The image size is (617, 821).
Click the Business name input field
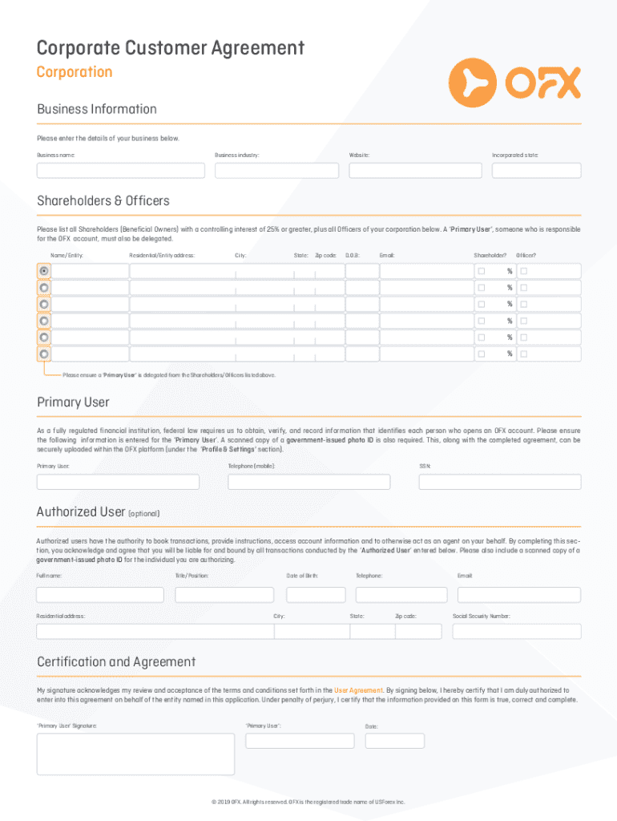pos(120,171)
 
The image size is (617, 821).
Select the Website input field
pos(414,171)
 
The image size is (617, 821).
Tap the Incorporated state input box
pos(536,171)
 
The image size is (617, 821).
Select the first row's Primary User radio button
pos(44,271)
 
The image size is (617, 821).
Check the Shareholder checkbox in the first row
pos(482,271)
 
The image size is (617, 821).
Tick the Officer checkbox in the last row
pos(523,354)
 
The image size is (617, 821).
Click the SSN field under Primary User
pos(500,482)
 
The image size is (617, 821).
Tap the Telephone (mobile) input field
pos(308,482)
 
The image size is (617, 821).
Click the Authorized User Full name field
pos(100,595)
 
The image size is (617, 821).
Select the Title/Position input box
pos(224,595)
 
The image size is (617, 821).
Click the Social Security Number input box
pos(516,631)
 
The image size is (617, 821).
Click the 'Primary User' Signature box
pos(135,754)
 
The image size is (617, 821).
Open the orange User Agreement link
pos(358,690)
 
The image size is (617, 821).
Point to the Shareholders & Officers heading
pos(103,200)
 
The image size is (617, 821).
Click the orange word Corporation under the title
pos(75,72)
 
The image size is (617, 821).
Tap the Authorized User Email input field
pos(518,595)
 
